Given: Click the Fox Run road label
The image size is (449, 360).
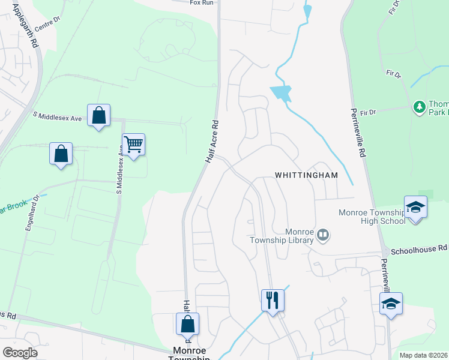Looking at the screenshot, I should pyautogui.click(x=202, y=3).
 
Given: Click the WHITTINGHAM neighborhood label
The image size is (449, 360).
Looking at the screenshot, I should pyautogui.click(x=306, y=175).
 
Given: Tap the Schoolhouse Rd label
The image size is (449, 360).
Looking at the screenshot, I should pyautogui.click(x=419, y=248).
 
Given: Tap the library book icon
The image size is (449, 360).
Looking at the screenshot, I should pyautogui.click(x=323, y=235).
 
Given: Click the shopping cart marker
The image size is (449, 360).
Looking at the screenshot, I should pyautogui.click(x=133, y=144).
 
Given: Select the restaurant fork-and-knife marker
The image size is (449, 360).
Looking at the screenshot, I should pyautogui.click(x=273, y=299).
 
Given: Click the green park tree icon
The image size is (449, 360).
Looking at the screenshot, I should pyautogui.click(x=419, y=107).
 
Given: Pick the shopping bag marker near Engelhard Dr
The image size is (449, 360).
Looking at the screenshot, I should pyautogui.click(x=61, y=154).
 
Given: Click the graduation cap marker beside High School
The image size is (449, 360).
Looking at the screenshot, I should pyautogui.click(x=415, y=208).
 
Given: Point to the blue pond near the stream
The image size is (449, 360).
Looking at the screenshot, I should pyautogui.click(x=281, y=94).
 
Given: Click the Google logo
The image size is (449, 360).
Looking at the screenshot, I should pyautogui.click(x=20, y=353).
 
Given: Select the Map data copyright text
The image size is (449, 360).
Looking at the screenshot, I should pyautogui.click(x=424, y=355).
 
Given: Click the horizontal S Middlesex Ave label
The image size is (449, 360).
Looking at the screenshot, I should pyautogui.click(x=57, y=116).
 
